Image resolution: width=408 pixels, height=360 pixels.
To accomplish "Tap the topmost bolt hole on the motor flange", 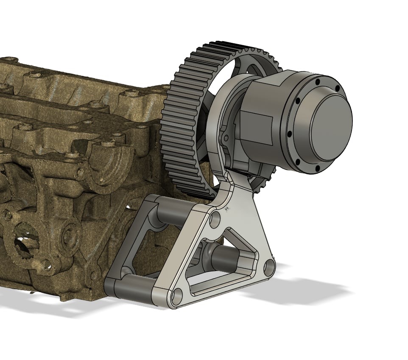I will coord(317,81).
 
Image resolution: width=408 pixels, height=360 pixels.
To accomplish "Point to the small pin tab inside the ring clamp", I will coord(226,137).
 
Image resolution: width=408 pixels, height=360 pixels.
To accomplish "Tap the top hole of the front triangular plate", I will coord(215,220).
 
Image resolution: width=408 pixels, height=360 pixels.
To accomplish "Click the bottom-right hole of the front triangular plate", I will coord(268,268).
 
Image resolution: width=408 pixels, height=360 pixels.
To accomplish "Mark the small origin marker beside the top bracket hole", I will coord(227,209).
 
